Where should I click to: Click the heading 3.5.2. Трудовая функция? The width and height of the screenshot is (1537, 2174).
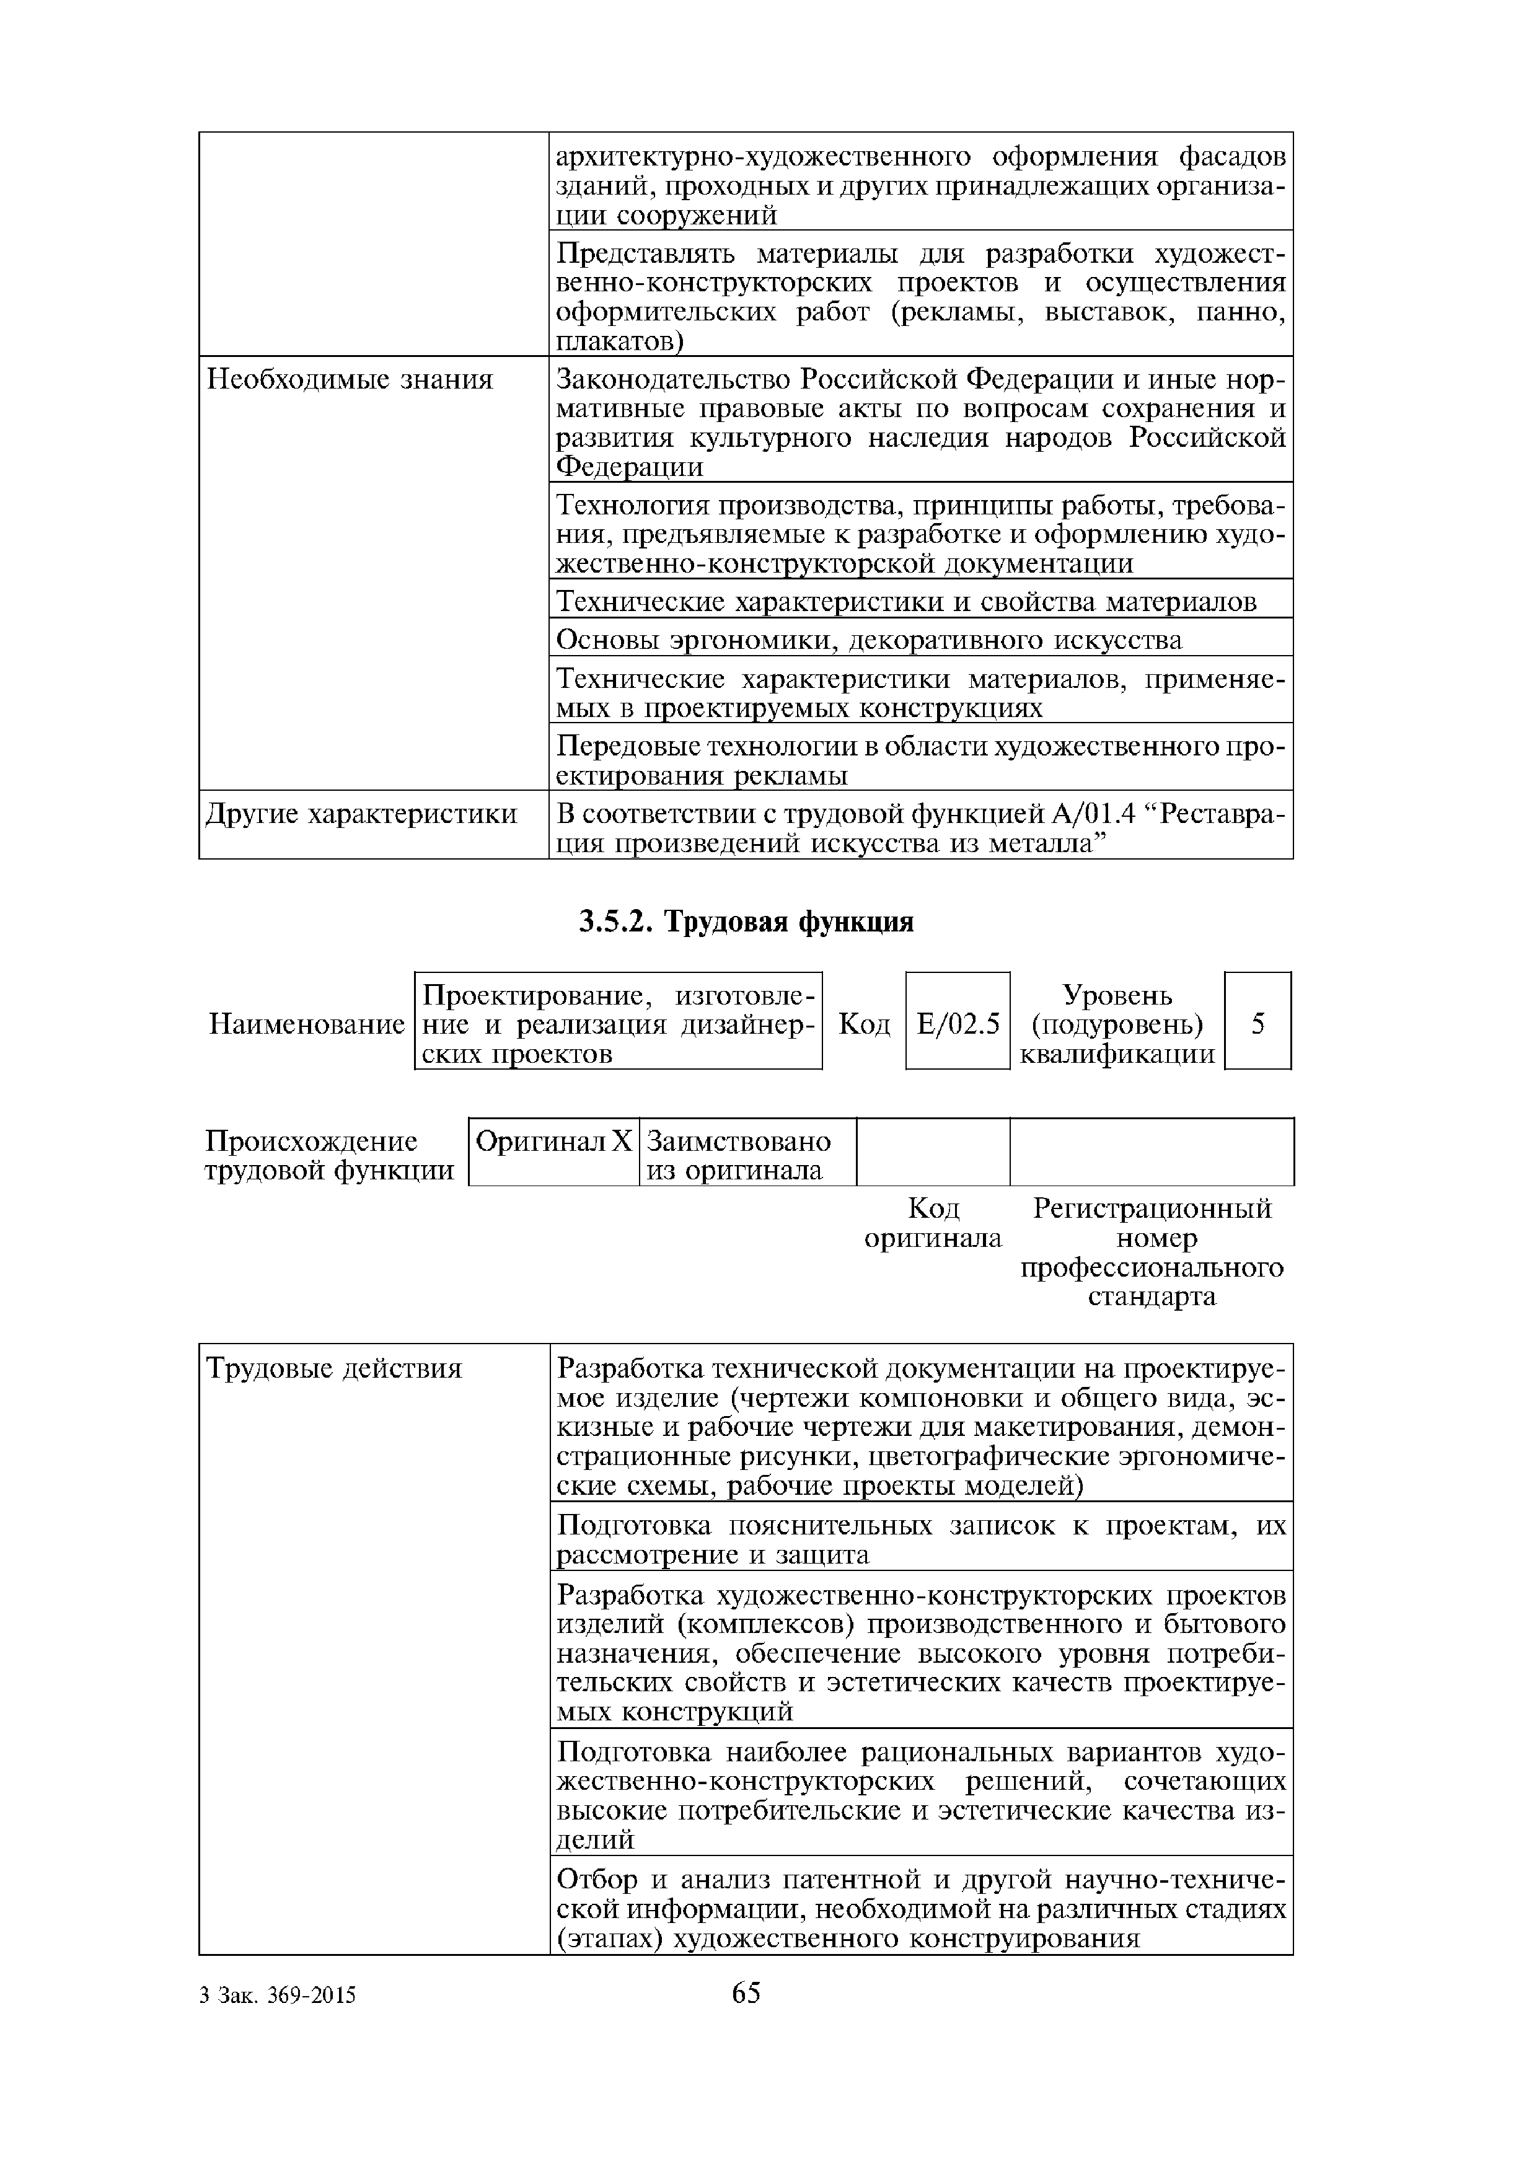click(746, 922)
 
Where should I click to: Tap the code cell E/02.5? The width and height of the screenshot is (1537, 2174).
click(958, 1024)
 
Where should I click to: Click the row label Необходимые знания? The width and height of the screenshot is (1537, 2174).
click(350, 381)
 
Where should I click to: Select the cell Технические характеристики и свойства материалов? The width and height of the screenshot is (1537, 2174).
click(905, 602)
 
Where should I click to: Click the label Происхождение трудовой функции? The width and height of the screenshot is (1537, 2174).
click(328, 1155)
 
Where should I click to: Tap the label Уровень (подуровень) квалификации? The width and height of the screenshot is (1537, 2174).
click(1117, 1024)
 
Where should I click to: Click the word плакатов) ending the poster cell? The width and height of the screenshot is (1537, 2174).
click(619, 342)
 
